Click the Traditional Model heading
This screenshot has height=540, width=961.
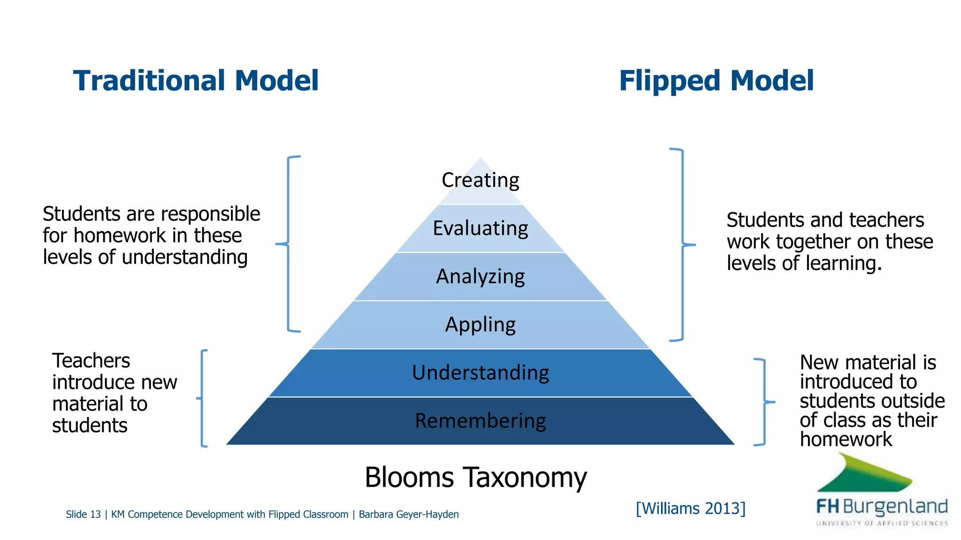point(196,81)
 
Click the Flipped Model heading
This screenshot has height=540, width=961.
point(716,81)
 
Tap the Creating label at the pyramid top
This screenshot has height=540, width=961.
point(480,180)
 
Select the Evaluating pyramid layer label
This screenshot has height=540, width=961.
point(480,229)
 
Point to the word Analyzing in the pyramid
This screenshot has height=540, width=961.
point(480,277)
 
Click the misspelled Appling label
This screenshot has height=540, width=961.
point(480,325)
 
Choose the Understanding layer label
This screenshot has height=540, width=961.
point(480,373)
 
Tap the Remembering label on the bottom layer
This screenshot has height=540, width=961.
point(480,421)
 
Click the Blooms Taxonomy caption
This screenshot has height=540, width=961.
point(475,478)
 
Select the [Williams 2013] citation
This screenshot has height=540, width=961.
point(690,509)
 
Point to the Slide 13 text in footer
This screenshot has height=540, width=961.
point(83,515)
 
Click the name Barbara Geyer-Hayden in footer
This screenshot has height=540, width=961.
point(408,515)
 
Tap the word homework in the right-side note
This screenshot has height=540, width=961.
point(846,440)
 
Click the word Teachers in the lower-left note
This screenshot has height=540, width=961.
point(91,361)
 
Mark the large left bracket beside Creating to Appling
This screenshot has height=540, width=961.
point(288,244)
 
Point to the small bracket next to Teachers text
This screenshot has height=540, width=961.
point(202,398)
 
